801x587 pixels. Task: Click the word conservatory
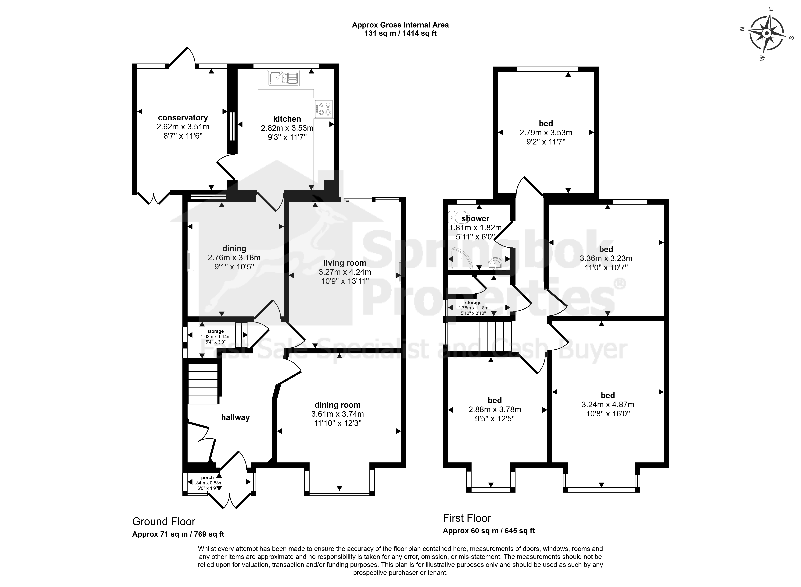click(x=183, y=118)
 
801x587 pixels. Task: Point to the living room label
click(x=345, y=263)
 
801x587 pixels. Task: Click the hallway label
click(x=235, y=417)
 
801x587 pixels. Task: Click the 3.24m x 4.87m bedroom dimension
click(x=608, y=404)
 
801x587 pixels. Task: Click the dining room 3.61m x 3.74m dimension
click(x=338, y=414)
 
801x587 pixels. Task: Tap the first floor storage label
click(x=473, y=303)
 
